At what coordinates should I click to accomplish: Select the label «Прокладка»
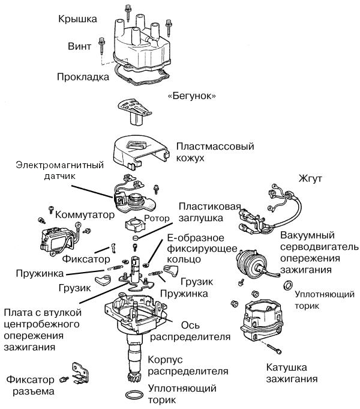[83, 76]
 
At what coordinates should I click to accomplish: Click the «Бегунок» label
[191, 96]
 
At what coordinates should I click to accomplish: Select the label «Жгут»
[310, 178]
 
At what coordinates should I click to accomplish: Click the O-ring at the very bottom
[135, 395]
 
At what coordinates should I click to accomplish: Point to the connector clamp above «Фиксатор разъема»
[78, 374]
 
